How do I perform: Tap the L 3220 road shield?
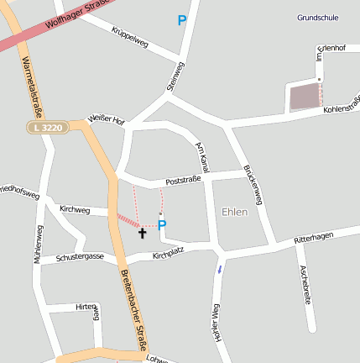tap(46, 127)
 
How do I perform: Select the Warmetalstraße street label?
tap(34, 83)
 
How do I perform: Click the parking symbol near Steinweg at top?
tap(182, 20)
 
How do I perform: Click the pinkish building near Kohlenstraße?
tap(305, 97)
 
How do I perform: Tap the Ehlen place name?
tap(234, 212)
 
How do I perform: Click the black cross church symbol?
tap(142, 232)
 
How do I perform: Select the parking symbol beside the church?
tap(162, 225)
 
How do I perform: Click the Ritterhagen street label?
tap(313, 239)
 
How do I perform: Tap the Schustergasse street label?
tap(81, 256)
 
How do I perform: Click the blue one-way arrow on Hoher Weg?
tap(220, 269)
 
